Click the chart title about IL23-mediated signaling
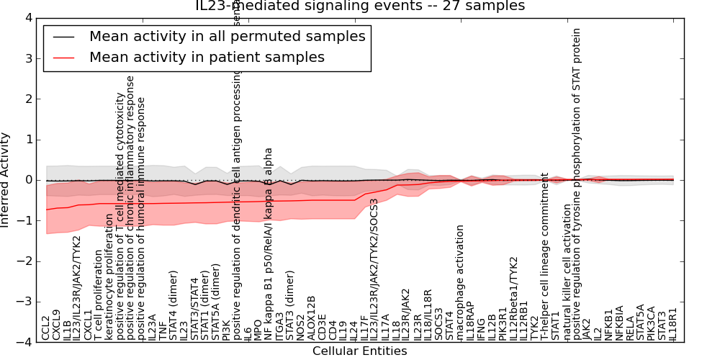pos(360,6)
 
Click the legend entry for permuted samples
pos(227,36)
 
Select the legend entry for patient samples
pos(207,57)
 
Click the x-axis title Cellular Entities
pos(359,351)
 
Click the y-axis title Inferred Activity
pos(6,180)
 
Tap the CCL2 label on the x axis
pos(46,328)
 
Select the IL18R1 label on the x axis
pos(673,324)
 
